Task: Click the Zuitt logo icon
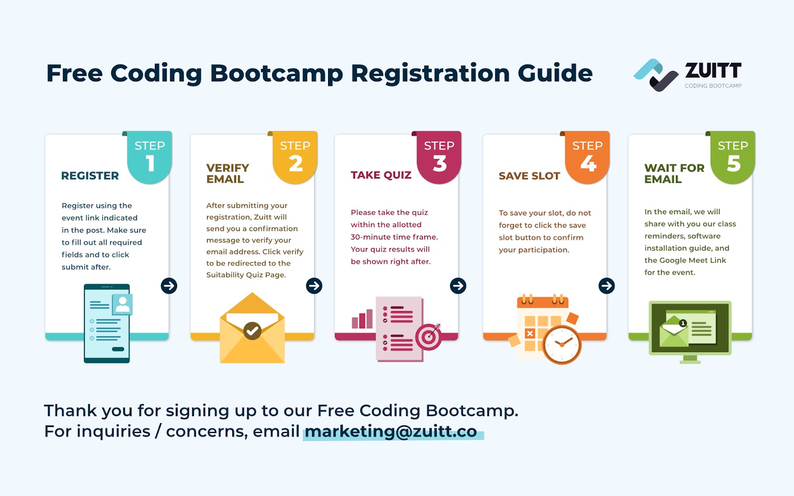[656, 75]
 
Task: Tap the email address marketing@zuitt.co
[391, 431]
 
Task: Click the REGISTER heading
[90, 176]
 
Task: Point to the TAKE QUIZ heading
[381, 175]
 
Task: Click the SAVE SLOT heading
[529, 176]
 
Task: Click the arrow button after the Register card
[169, 286]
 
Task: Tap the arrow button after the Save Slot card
[606, 286]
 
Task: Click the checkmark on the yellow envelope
[253, 331]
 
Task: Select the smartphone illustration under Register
[107, 323]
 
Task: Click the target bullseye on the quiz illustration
[429, 337]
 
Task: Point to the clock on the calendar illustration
[562, 345]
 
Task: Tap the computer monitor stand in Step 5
[690, 359]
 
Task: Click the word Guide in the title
[555, 73]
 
